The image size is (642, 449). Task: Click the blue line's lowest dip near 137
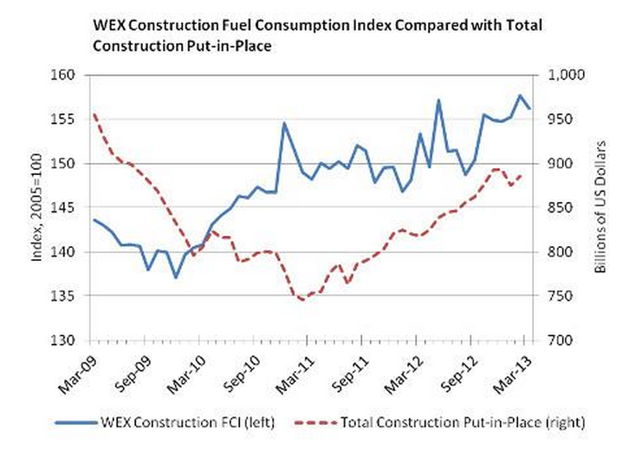[x=176, y=277]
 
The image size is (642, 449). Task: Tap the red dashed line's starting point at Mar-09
[x=94, y=114]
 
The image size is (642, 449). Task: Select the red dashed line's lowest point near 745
[x=302, y=299]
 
